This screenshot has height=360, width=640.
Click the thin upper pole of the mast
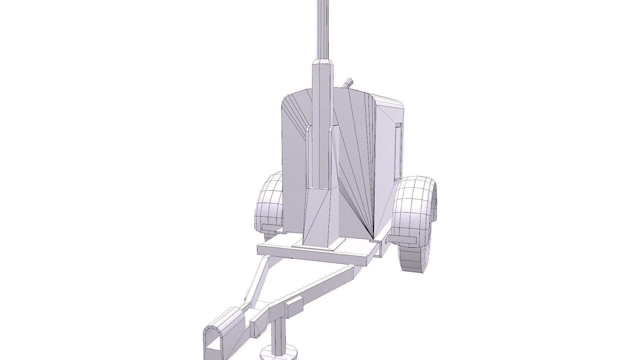click(90, 30)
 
